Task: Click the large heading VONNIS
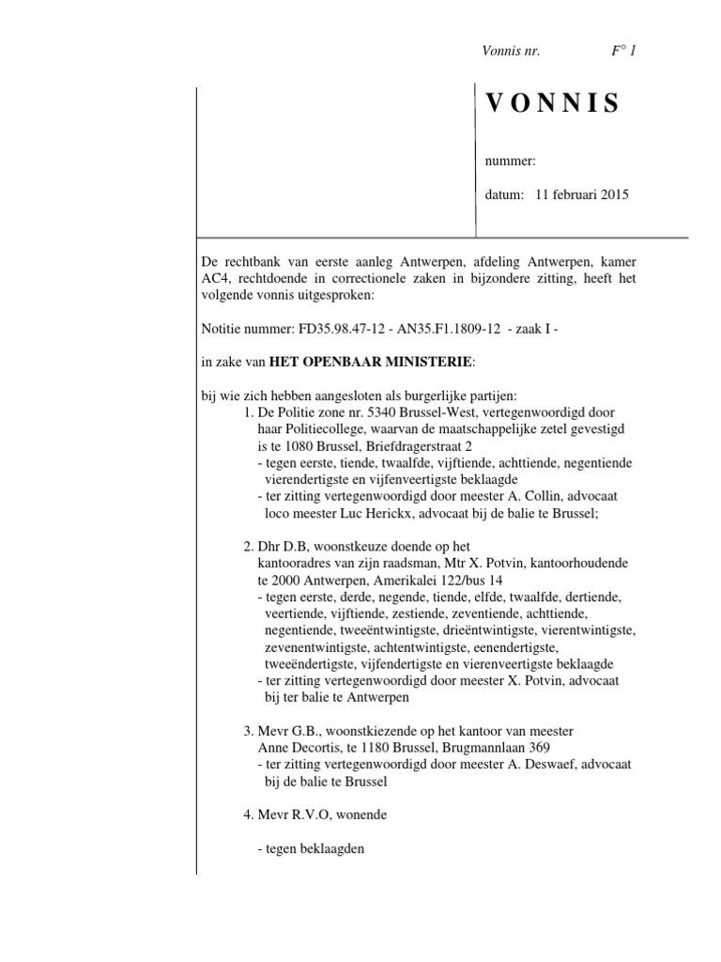[x=553, y=104]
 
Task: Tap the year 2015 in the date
[x=612, y=195]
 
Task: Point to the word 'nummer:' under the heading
[x=510, y=161]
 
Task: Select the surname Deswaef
[x=523, y=765]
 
